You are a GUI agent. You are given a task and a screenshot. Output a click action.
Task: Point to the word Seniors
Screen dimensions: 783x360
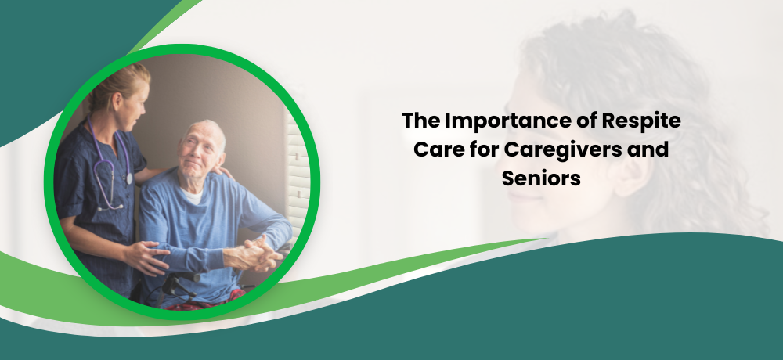[x=541, y=178]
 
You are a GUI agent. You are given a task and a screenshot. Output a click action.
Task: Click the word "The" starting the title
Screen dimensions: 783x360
[x=420, y=121]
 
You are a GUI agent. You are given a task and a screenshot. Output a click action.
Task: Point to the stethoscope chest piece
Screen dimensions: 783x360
[x=129, y=178]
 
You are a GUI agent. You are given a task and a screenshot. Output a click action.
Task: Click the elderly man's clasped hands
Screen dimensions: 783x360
[x=256, y=253]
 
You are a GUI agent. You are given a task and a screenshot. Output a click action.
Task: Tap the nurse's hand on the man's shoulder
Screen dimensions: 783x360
[x=223, y=172]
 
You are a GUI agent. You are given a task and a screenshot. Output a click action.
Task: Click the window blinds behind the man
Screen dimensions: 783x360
[x=298, y=175]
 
